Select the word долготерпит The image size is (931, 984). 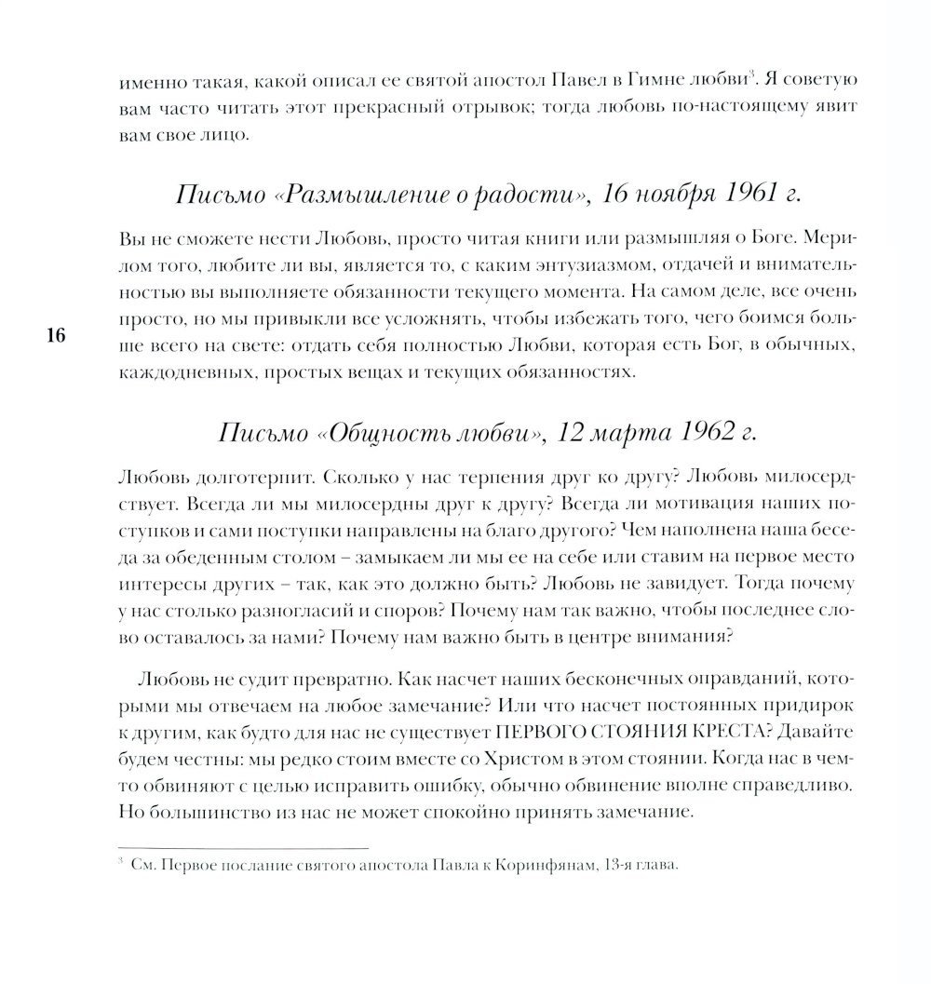click(247, 478)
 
